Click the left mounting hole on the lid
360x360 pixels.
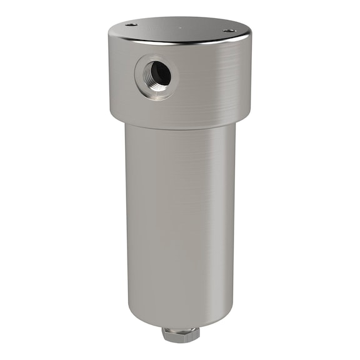click(132, 25)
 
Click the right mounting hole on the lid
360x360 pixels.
click(229, 30)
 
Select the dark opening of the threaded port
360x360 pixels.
click(160, 74)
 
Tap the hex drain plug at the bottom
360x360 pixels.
click(181, 334)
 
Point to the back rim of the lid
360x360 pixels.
click(181, 18)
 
